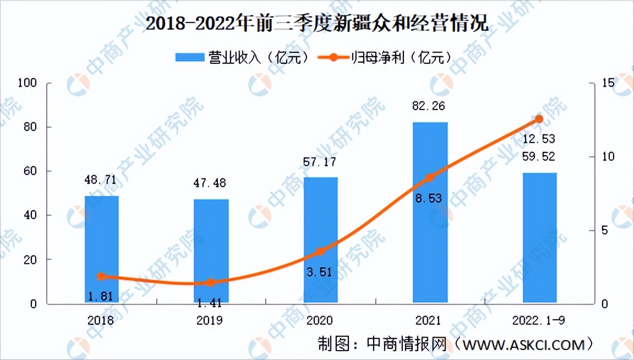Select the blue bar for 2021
(430, 212)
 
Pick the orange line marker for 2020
(321, 252)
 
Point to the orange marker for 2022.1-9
(539, 119)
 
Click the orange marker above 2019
(211, 282)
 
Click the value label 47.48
(211, 183)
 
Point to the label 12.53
(539, 138)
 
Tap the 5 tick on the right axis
(605, 230)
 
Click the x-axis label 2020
(321, 320)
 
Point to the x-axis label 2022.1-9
(539, 320)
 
